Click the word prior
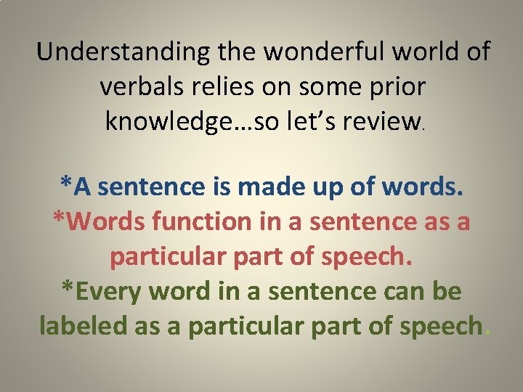point(395,86)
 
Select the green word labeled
point(84,327)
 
